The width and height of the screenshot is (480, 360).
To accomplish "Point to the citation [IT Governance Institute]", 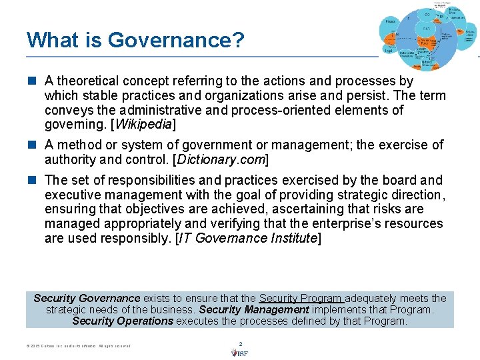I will (x=247, y=239).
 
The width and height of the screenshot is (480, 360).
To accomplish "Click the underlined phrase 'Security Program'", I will (x=301, y=298).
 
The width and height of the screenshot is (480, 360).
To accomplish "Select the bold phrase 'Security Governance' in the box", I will (x=87, y=298).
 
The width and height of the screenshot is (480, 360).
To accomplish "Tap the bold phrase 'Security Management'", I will (x=254, y=309).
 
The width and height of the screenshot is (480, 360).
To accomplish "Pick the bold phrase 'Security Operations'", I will (x=123, y=321).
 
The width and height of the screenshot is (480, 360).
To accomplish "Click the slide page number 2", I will (x=240, y=344).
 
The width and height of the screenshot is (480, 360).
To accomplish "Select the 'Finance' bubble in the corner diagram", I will (x=390, y=22).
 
